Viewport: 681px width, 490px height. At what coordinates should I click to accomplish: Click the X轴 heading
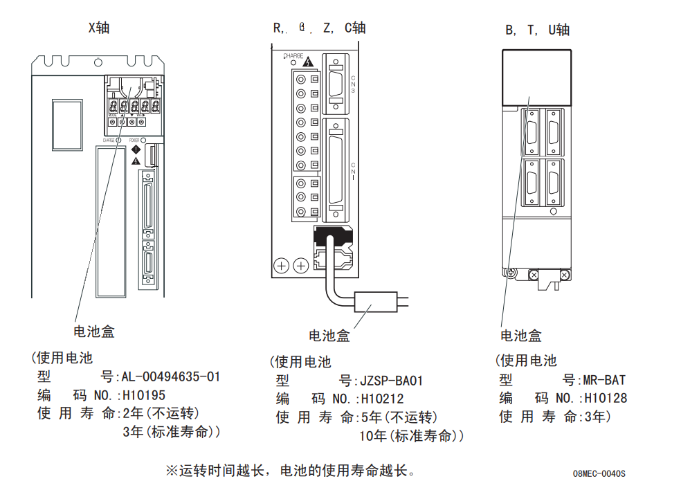tap(98, 28)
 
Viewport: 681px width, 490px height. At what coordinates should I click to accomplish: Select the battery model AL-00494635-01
tap(171, 377)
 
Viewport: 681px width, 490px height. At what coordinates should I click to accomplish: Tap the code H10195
tap(144, 396)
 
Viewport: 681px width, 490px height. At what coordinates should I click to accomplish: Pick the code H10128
tap(606, 398)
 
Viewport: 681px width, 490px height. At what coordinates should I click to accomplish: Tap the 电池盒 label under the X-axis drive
tap(94, 332)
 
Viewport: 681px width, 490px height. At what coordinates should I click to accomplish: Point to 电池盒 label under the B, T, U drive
tap(521, 336)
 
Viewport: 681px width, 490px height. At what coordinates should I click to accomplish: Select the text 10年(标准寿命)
tap(411, 436)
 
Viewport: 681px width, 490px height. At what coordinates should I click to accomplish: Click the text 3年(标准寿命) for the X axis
tap(171, 432)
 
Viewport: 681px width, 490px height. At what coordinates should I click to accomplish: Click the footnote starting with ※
tap(290, 471)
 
